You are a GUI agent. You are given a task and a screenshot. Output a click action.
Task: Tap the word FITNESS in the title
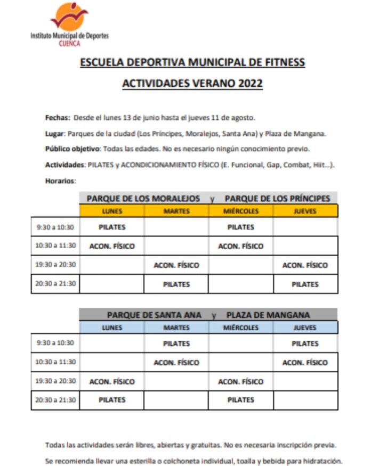pos(284,62)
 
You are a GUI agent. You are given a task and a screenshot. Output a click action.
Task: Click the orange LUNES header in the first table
pos(112,211)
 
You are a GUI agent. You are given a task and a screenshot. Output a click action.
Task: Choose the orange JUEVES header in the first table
pos(305,211)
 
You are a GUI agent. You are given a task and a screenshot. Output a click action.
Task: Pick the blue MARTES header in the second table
pos(176,328)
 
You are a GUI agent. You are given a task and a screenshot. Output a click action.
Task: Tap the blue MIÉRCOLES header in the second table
pos(241,328)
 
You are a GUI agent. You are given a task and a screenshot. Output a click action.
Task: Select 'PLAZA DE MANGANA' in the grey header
pos(268,315)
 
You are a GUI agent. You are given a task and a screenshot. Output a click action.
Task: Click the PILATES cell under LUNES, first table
pos(112,227)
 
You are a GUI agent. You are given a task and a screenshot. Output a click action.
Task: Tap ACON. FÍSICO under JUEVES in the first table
pos(305,265)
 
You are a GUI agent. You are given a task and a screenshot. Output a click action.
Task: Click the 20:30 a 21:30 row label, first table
pos(55,284)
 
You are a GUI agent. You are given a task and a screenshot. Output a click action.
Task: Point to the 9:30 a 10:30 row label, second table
pos(55,343)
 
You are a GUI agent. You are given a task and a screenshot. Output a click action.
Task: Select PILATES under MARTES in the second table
pos(176,344)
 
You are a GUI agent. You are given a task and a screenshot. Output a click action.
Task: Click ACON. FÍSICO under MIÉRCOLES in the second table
pos(241,381)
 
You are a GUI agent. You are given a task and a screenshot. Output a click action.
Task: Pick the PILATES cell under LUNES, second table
pos(112,399)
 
